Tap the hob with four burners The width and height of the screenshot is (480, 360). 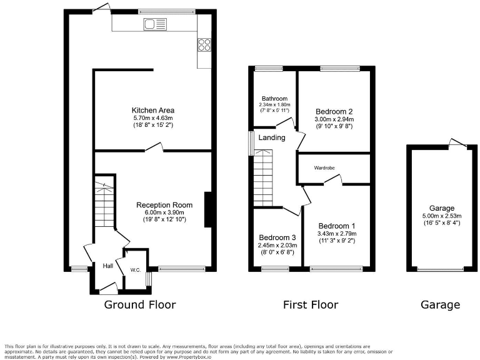click(x=204, y=44)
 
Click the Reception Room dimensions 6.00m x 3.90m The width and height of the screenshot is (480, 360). click(x=164, y=212)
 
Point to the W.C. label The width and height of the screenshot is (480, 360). click(x=136, y=270)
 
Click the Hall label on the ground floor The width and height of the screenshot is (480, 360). click(x=108, y=266)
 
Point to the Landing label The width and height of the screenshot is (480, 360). click(x=272, y=137)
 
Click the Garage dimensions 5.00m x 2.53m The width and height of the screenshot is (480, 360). click(x=442, y=216)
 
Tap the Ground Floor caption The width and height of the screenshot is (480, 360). click(x=139, y=305)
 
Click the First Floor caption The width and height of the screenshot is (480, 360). click(x=311, y=305)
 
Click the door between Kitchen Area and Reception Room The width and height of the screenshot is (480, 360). click(x=154, y=149)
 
